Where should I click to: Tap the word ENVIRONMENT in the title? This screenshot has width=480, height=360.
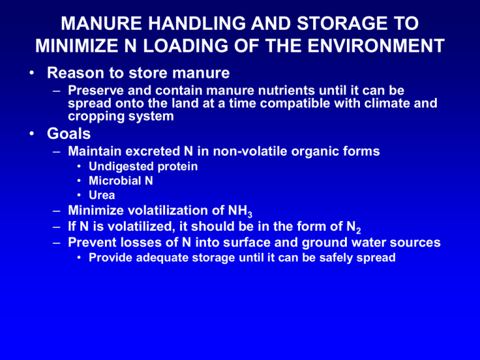tap(376, 46)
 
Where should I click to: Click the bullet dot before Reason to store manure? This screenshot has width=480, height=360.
tap(31, 73)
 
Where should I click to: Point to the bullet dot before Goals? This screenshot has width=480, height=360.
tap(31, 134)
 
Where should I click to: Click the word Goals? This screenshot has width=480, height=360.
tap(69, 134)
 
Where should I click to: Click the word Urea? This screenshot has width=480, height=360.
tap(102, 195)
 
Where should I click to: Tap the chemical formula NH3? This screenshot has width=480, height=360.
tap(240, 211)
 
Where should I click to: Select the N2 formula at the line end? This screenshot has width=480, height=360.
tap(354, 227)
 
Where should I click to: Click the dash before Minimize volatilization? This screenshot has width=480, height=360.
tap(57, 211)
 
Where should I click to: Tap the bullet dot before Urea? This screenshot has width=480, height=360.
tap(79, 195)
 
